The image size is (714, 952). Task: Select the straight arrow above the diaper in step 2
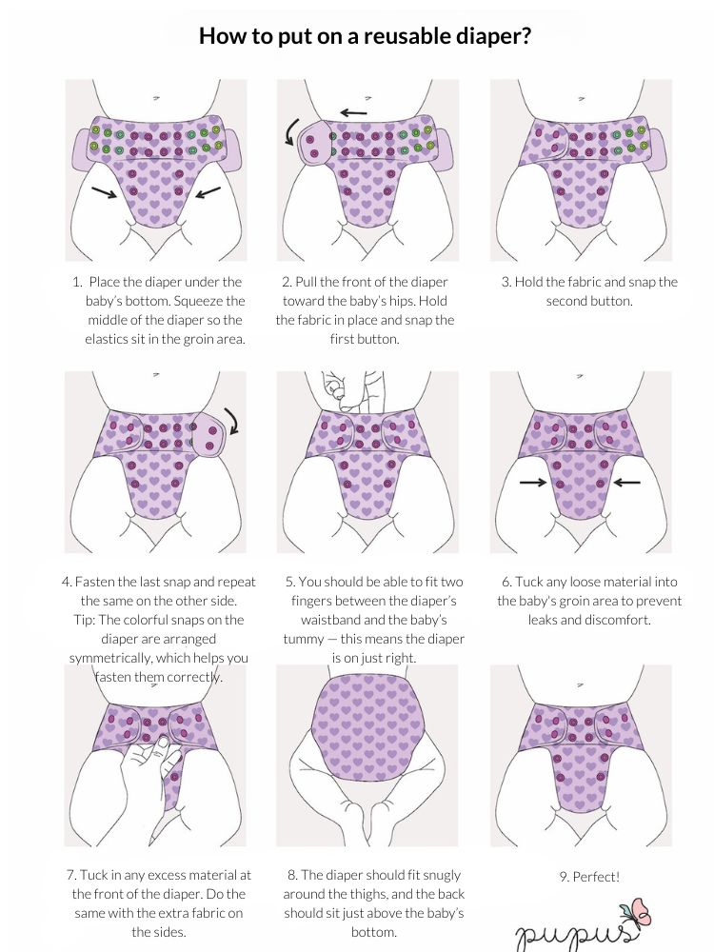point(354,112)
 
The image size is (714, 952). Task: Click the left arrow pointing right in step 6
point(533,483)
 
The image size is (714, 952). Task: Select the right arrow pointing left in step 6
point(626,483)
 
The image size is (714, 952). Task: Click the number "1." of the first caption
point(76,282)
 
